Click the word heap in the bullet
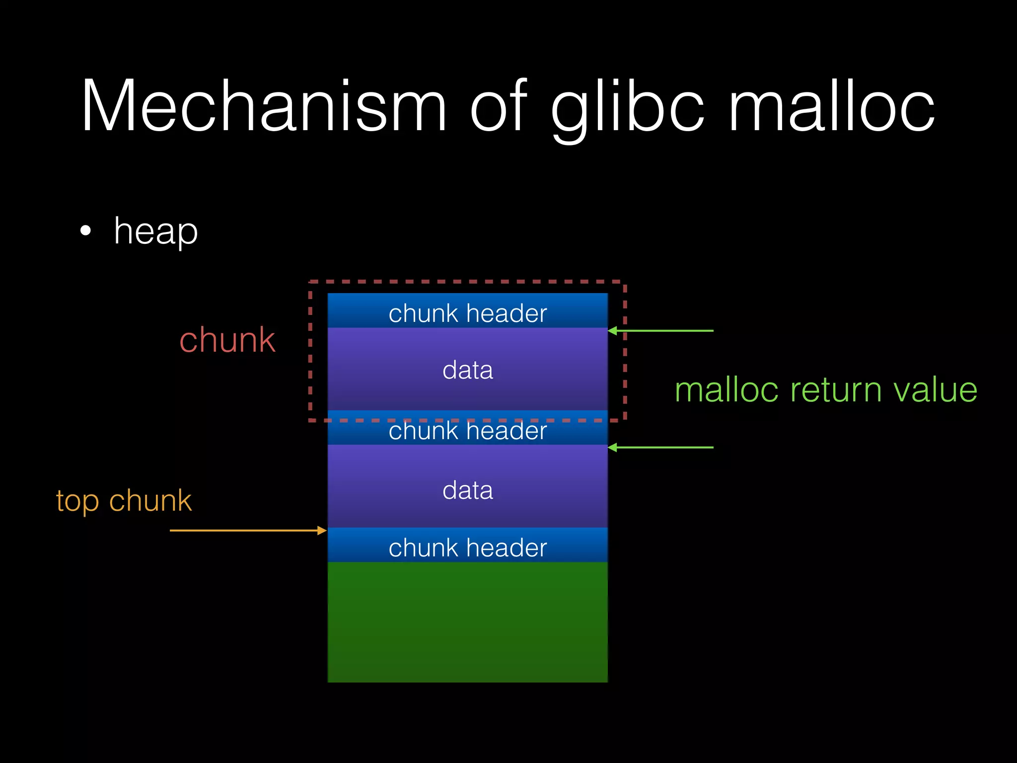[155, 231]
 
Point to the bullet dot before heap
[86, 231]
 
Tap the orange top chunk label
[124, 500]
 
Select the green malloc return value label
[826, 390]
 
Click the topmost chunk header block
[467, 311]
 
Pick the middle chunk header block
[467, 431]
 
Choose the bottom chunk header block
[467, 546]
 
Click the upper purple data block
[467, 370]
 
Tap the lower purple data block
[467, 489]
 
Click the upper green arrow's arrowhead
[613, 331]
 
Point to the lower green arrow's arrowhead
[613, 448]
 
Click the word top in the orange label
[77, 501]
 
